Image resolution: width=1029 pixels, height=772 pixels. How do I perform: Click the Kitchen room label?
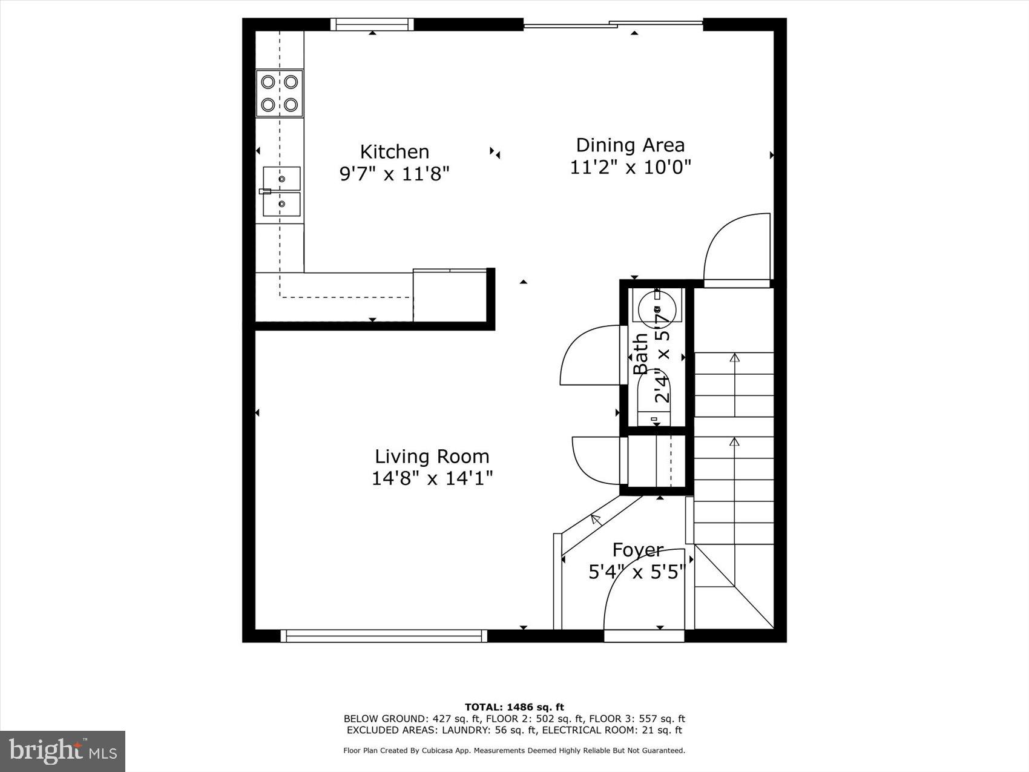[x=394, y=151]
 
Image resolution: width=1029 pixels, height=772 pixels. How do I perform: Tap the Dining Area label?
[x=630, y=145]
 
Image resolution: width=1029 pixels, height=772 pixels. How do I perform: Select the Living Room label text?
[x=432, y=457]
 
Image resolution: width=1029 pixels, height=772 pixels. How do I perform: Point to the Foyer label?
[x=638, y=550]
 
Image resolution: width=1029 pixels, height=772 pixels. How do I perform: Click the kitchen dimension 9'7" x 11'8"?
[x=394, y=174]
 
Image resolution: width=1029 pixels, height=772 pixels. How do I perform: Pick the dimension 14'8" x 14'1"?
[x=432, y=478]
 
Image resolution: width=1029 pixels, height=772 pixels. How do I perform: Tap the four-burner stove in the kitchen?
[x=279, y=93]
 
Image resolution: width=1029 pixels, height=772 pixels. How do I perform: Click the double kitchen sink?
[x=281, y=191]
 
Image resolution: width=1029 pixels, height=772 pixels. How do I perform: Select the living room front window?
[x=384, y=636]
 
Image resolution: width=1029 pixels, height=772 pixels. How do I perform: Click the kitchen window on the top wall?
[x=372, y=25]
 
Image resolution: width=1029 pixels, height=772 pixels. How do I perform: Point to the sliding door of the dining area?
[x=613, y=25]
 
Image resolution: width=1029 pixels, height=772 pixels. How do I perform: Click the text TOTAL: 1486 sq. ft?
[x=514, y=707]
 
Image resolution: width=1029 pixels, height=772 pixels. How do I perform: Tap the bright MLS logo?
[x=63, y=751]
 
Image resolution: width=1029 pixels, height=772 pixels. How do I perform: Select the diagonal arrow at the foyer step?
[x=596, y=518]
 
